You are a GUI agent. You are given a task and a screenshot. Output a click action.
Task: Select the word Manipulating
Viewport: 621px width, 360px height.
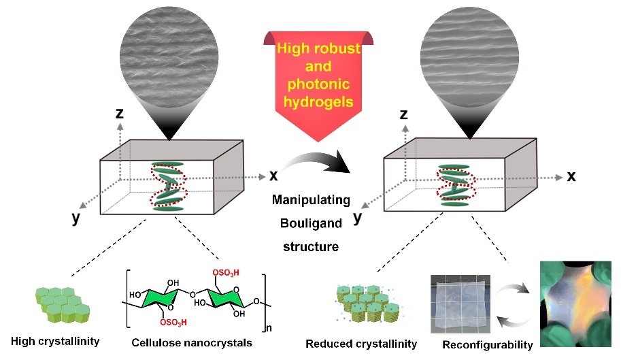310,201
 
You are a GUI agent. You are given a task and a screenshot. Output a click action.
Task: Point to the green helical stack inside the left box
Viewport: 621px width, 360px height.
167,186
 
